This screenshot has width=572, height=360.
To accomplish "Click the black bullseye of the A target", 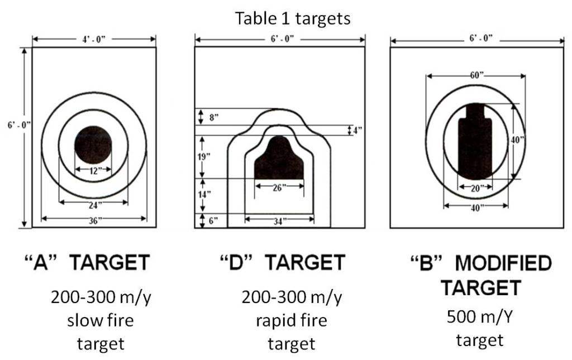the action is [93, 145].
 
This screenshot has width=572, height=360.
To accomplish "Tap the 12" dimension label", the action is [94, 170].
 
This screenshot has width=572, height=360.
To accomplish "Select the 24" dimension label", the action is [93, 205].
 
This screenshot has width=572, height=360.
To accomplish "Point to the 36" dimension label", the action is [93, 221].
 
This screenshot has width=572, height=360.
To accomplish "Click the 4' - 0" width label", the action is [94, 39].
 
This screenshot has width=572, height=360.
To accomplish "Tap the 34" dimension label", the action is [279, 221].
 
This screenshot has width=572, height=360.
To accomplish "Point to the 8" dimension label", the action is [214, 118].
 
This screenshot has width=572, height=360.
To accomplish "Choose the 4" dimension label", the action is [357, 130].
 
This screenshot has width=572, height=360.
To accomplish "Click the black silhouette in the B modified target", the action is [475, 141].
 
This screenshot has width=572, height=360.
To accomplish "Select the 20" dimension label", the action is [476, 189].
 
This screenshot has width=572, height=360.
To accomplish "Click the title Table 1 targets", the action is [293, 18].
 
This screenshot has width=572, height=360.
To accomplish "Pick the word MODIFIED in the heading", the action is [503, 263].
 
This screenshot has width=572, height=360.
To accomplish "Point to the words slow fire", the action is [101, 320].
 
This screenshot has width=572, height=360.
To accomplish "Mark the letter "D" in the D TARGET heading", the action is [237, 262].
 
